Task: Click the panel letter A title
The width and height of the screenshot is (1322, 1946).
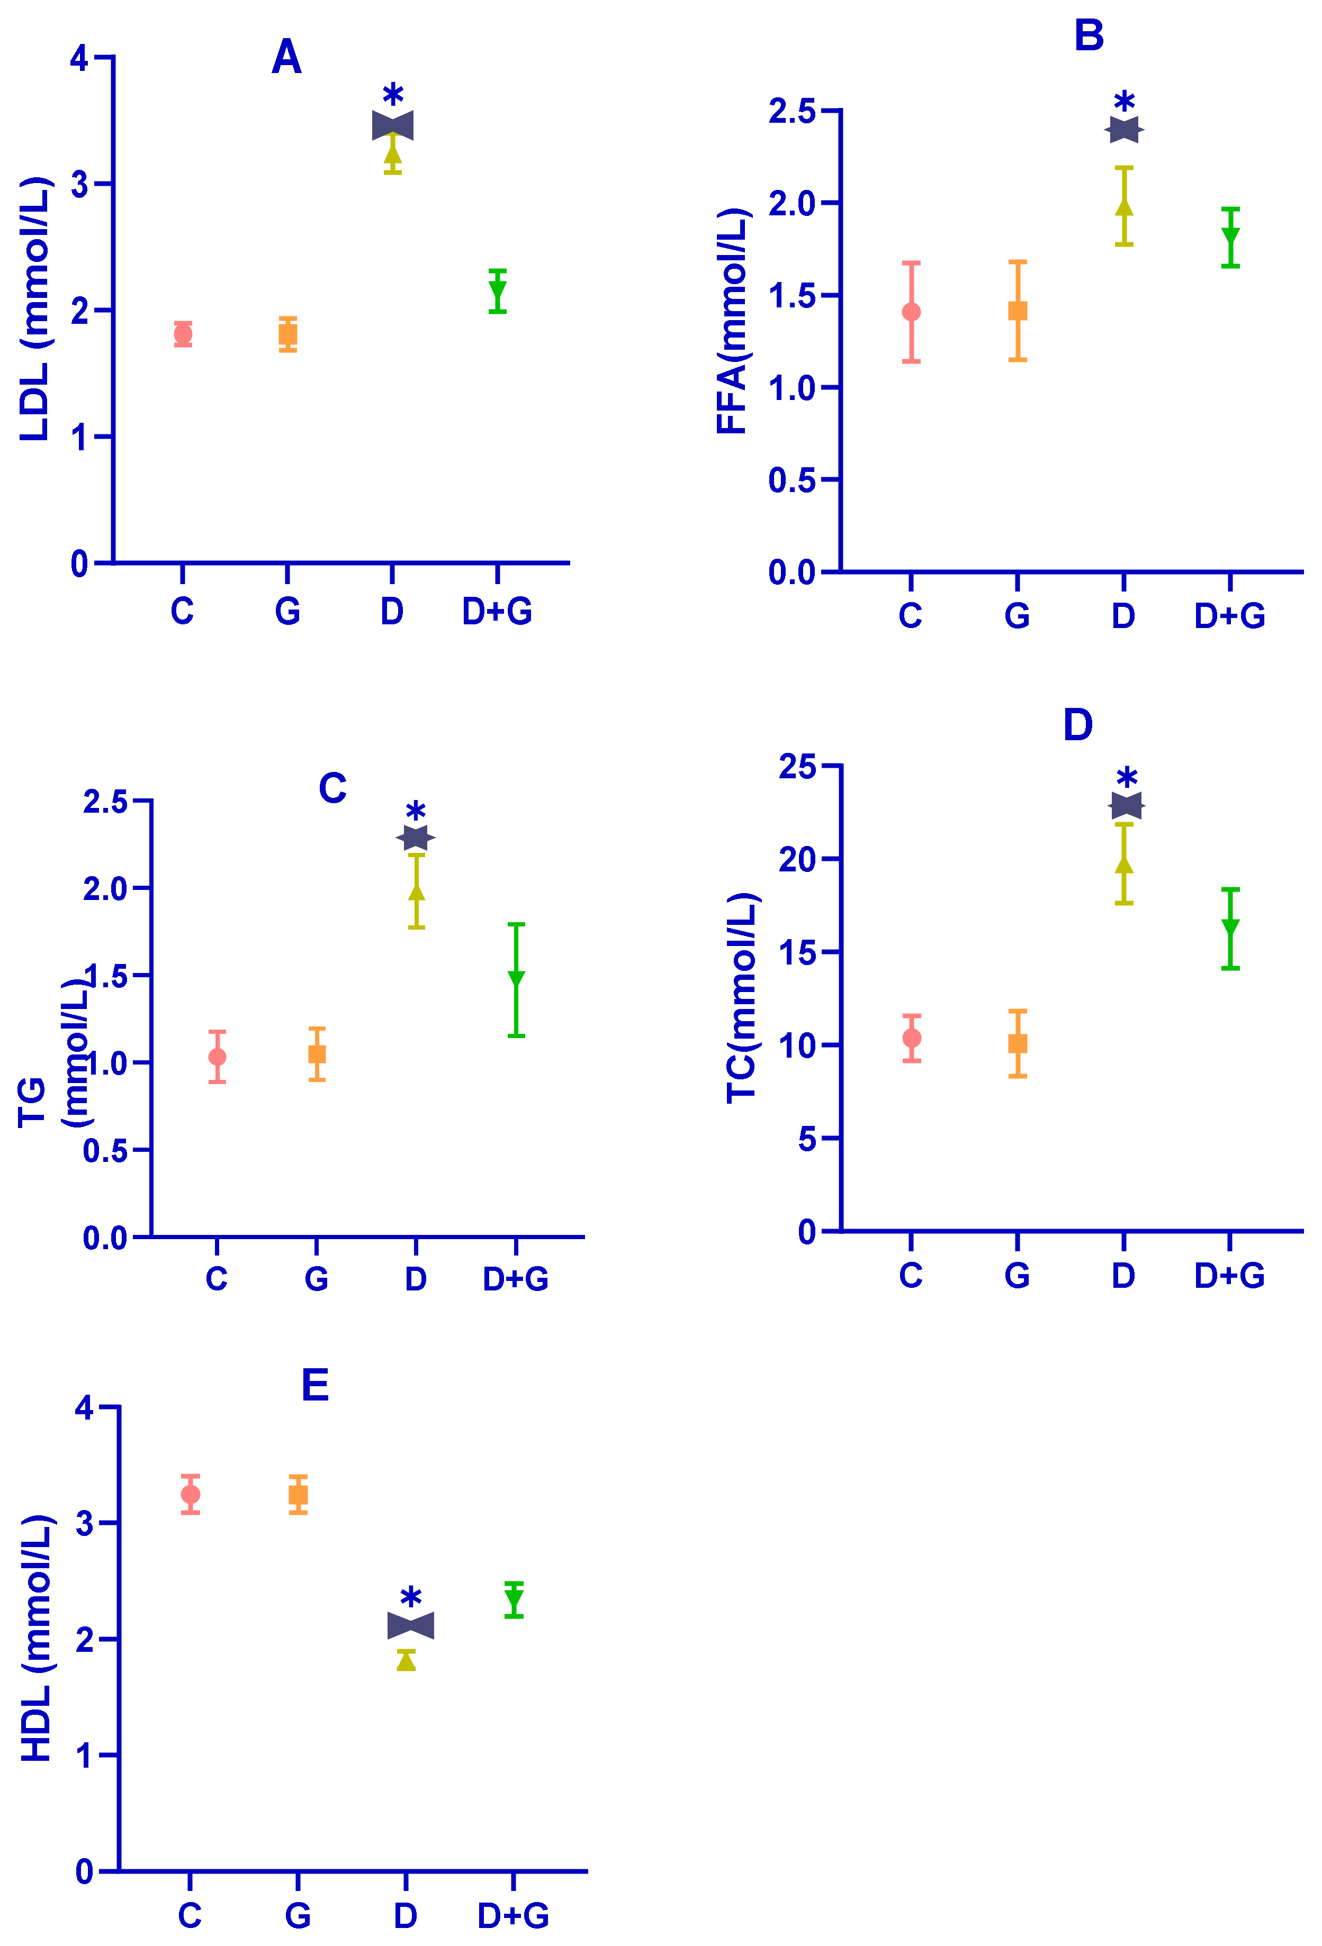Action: [x=286, y=57]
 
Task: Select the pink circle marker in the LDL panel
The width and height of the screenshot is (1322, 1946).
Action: [x=183, y=334]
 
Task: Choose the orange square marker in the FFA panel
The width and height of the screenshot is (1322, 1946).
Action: [x=1017, y=311]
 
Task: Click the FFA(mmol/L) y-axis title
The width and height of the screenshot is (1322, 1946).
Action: [x=732, y=322]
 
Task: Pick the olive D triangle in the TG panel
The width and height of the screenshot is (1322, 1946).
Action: [x=416, y=892]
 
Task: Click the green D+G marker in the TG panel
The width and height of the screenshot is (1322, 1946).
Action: [x=516, y=977]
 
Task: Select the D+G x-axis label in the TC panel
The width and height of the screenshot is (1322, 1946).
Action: [x=1229, y=1275]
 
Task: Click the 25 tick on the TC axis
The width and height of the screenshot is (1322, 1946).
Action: [x=797, y=766]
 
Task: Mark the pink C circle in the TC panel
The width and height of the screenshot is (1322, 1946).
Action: [x=912, y=1038]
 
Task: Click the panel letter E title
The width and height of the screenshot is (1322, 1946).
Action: [x=315, y=1385]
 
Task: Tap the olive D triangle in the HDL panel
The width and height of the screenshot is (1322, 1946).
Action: [x=406, y=1660]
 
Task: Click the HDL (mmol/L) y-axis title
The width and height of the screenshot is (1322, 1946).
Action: [x=37, y=1639]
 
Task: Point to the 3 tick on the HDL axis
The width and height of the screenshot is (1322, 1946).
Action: [x=85, y=1523]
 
